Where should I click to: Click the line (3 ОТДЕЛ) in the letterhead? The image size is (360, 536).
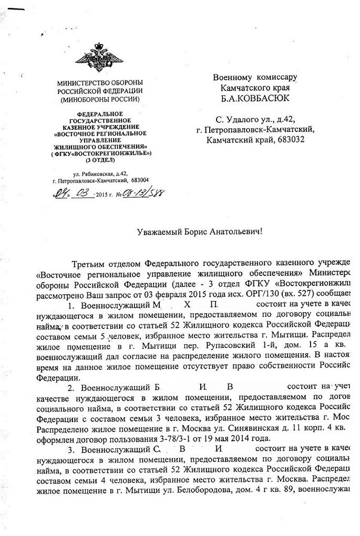[99, 159]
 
